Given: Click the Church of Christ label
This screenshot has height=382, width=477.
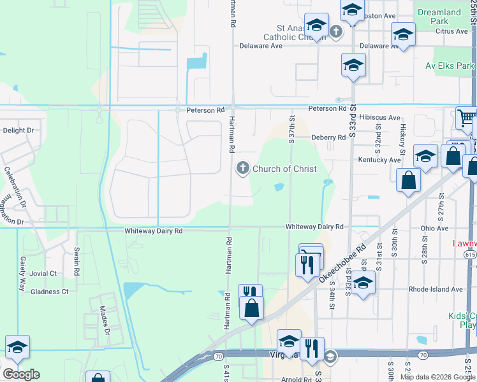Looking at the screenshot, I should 284,169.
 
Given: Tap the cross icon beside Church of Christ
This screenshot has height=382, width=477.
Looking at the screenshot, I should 242,169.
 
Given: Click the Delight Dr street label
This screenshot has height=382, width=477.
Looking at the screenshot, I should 18,131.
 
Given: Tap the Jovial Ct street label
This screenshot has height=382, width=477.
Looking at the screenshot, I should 43,273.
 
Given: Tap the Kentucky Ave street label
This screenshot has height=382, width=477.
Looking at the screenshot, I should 379,160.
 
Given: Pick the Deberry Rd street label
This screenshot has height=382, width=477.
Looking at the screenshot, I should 328,138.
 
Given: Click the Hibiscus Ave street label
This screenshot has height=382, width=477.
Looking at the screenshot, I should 379,118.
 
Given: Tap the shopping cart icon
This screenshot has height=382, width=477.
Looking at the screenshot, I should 467,118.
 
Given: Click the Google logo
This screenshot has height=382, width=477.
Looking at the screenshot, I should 21,374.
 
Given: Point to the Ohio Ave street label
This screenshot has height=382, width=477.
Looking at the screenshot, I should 435,228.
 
